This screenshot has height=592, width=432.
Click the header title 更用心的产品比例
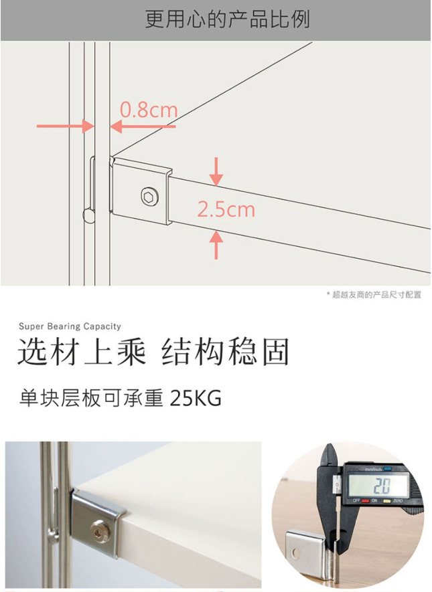[228, 19]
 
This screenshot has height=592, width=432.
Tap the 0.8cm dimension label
[149, 110]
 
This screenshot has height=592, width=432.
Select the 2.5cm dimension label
[226, 209]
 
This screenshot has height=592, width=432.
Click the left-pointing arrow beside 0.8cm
[143, 126]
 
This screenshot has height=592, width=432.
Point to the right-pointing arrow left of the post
[65, 126]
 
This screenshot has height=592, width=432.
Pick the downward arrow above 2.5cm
[216, 171]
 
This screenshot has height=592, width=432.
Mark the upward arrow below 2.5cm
[216, 245]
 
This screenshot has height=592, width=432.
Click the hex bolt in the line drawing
[149, 197]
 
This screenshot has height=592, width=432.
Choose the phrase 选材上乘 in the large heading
[81, 353]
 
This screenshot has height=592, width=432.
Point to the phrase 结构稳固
[225, 353]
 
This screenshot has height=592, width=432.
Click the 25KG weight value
[196, 398]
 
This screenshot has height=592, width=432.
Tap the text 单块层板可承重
[91, 398]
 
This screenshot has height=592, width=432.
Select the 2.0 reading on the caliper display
[382, 486]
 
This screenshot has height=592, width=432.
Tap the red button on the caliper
[365, 501]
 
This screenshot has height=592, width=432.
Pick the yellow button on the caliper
[387, 502]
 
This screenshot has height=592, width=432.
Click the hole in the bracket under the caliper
[295, 553]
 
